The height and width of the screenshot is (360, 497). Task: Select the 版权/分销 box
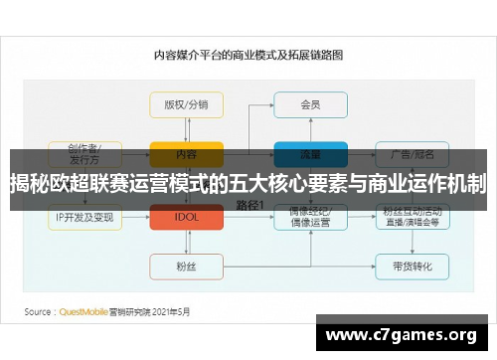tap(186, 104)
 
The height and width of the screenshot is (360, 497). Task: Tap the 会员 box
tap(310, 104)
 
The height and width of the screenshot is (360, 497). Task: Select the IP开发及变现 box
tap(85, 217)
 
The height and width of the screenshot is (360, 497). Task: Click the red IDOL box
tap(186, 217)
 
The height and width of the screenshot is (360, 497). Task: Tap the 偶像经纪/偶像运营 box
tap(310, 217)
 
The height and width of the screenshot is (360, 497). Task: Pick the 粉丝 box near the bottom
tap(186, 266)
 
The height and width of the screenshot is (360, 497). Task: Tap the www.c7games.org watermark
tap(402, 333)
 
